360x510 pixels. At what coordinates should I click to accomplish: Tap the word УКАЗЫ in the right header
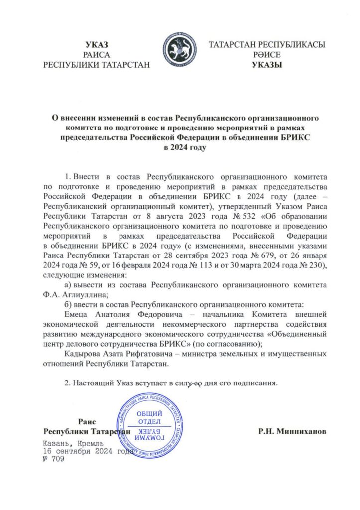[267, 64]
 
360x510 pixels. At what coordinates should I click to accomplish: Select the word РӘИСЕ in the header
[267, 55]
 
